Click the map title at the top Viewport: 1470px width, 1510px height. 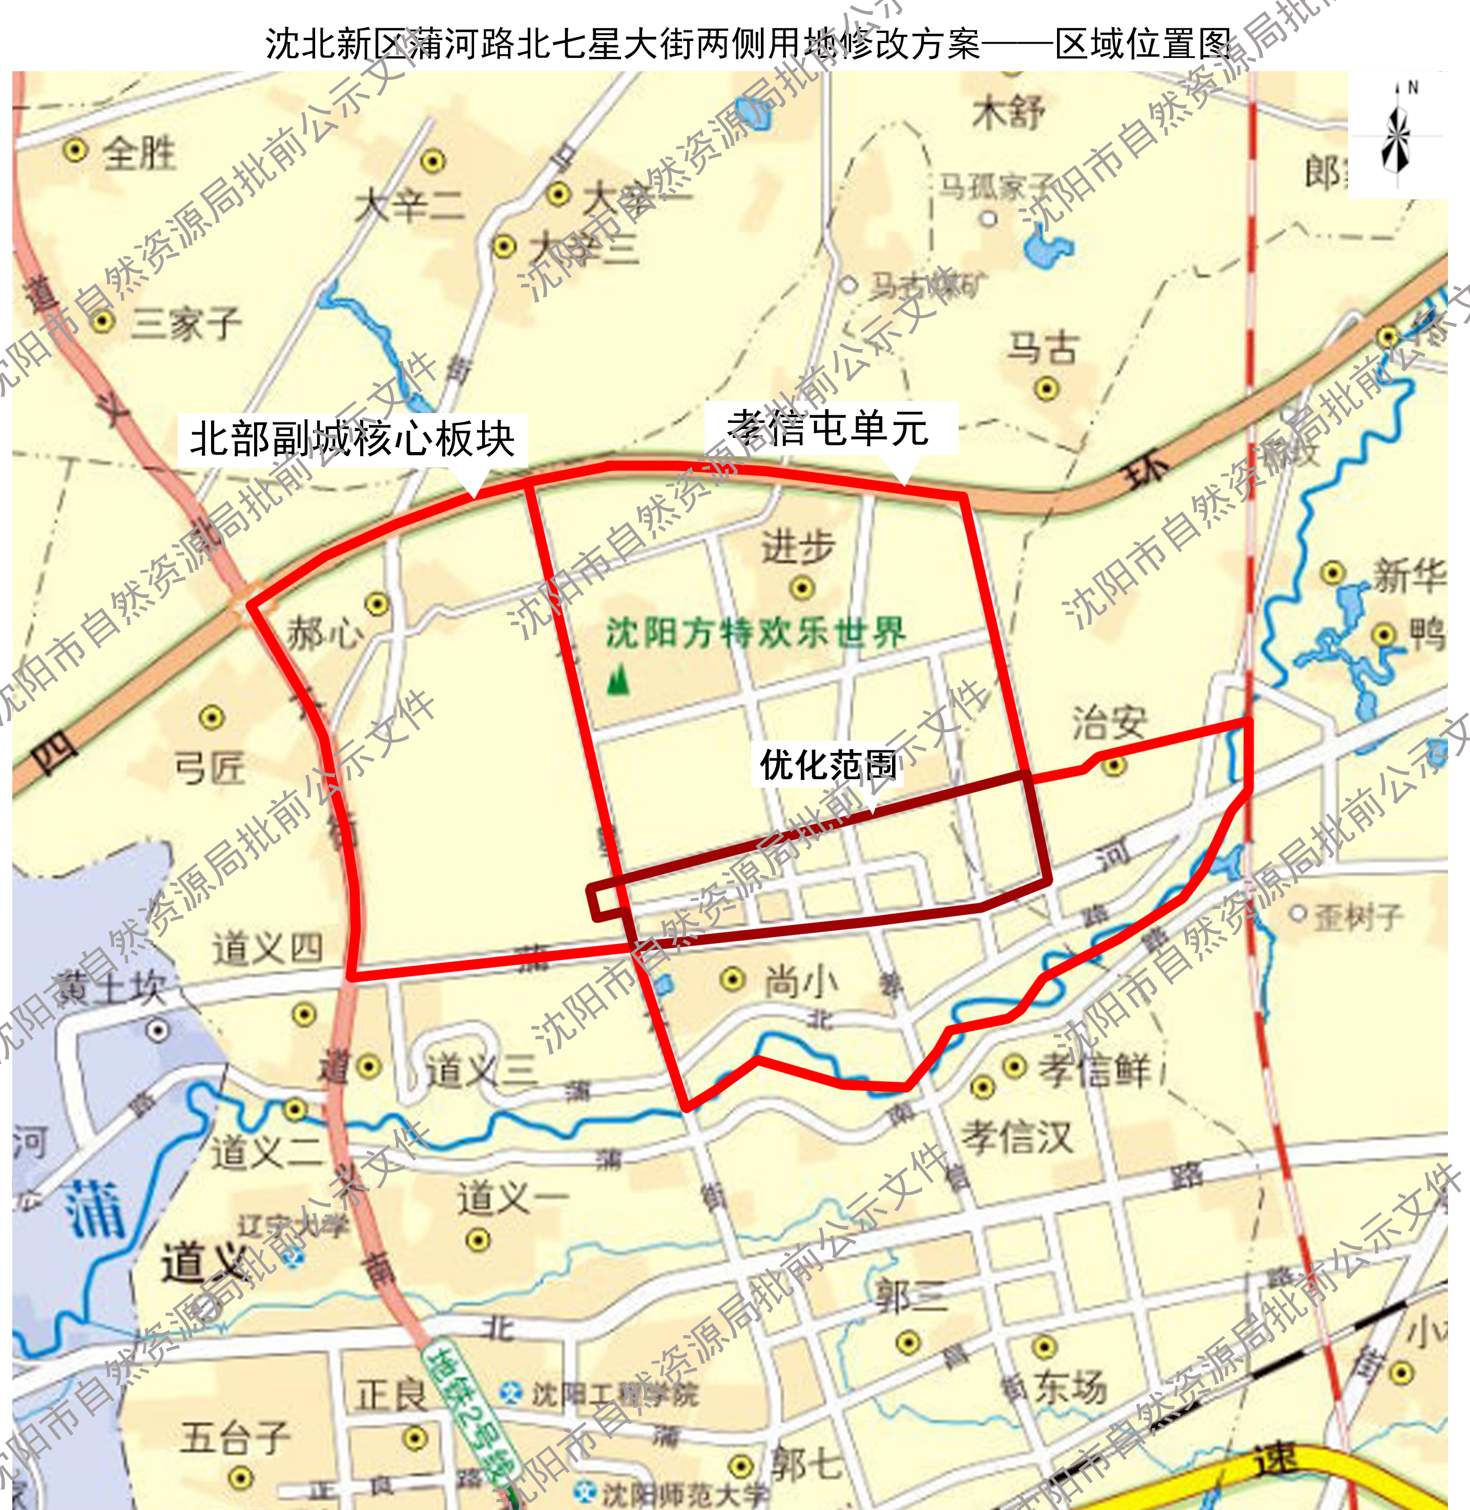pos(749,44)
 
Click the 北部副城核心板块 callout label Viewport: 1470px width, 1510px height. pos(352,439)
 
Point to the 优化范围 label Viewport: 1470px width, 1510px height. pos(827,765)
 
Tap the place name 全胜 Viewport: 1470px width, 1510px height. pos(139,152)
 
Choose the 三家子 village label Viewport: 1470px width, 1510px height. pos(185,323)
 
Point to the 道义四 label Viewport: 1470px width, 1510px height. pos(267,948)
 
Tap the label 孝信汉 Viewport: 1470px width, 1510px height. pos(1017,1137)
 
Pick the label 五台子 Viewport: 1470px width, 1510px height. pos(236,1437)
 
